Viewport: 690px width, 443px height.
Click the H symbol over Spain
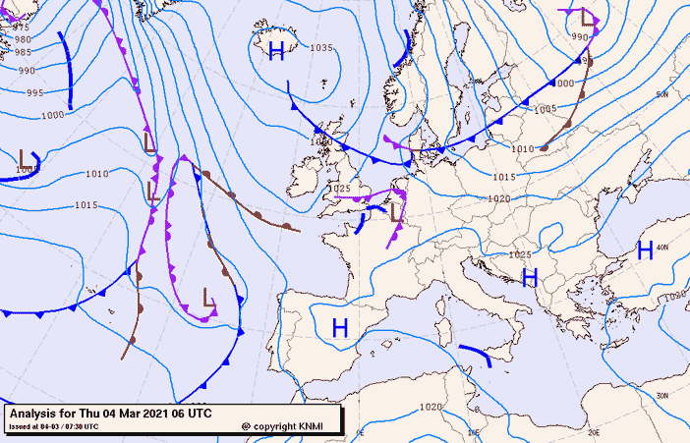click(340, 328)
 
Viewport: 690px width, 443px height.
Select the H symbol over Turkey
click(646, 249)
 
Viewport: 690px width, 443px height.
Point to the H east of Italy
click(530, 278)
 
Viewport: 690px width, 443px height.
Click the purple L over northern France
click(396, 211)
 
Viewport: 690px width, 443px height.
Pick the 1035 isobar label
click(321, 48)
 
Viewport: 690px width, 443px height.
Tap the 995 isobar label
click(34, 93)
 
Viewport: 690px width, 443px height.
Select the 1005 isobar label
click(546, 110)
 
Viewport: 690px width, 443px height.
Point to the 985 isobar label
click(23, 52)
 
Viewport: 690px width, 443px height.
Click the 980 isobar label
click(22, 40)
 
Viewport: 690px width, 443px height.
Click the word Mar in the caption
click(129, 414)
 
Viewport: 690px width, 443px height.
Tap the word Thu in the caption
click(87, 414)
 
